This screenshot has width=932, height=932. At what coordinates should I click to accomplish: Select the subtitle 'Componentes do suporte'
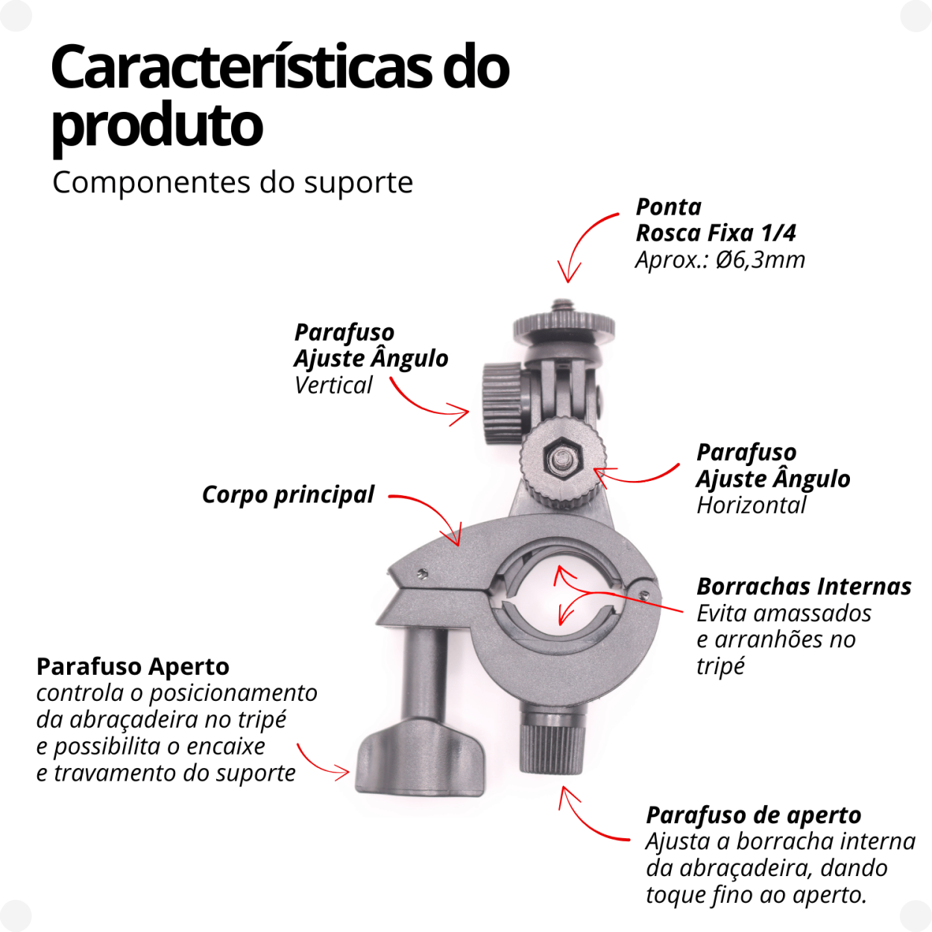point(233,183)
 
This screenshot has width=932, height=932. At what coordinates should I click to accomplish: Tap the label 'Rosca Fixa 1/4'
point(716,233)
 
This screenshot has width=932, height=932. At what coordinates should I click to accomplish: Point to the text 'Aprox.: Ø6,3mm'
point(720,260)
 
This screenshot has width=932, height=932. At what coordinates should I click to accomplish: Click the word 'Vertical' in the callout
point(333,385)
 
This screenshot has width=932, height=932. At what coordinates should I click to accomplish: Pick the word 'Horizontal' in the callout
point(752,506)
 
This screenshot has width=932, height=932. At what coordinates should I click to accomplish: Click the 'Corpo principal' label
point(288,495)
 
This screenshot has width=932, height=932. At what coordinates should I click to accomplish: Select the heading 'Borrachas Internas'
point(804,587)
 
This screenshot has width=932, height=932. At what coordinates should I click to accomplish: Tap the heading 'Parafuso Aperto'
point(133,667)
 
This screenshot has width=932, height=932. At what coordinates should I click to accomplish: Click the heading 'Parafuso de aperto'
point(754,815)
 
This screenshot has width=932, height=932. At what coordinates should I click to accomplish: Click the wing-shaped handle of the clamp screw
point(419,761)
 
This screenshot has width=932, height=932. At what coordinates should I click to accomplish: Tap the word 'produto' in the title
point(157,125)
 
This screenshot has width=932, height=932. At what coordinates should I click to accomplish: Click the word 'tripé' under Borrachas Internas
point(720,666)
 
